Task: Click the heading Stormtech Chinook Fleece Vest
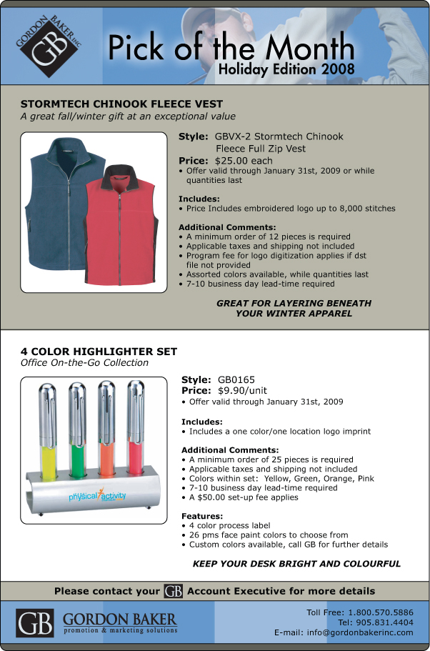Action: [x=121, y=104]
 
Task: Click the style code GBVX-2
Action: [x=232, y=136]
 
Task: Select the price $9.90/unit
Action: [x=242, y=391]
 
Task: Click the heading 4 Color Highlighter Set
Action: [x=99, y=352]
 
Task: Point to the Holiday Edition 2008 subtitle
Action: [x=286, y=70]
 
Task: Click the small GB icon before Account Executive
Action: [x=173, y=591]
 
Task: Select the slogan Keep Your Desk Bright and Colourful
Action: [x=296, y=564]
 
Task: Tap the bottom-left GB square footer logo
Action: [x=36, y=624]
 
